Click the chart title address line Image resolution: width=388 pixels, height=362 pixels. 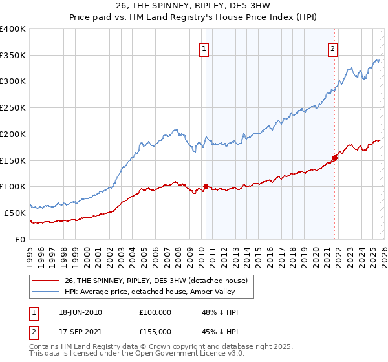pyautogui.click(x=194, y=8)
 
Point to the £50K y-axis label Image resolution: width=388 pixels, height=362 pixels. pyautogui.click(x=15, y=213)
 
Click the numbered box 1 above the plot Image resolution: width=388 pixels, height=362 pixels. pyautogui.click(x=204, y=48)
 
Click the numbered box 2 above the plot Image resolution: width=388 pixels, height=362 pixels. pyautogui.click(x=333, y=48)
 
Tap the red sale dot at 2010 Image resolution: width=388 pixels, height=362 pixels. pyautogui.click(x=206, y=187)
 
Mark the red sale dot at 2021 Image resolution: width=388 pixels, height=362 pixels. pyautogui.click(x=334, y=158)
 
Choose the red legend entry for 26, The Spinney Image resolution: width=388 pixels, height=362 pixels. pyautogui.click(x=155, y=281)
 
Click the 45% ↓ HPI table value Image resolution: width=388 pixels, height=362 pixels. pyautogui.click(x=220, y=330)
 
